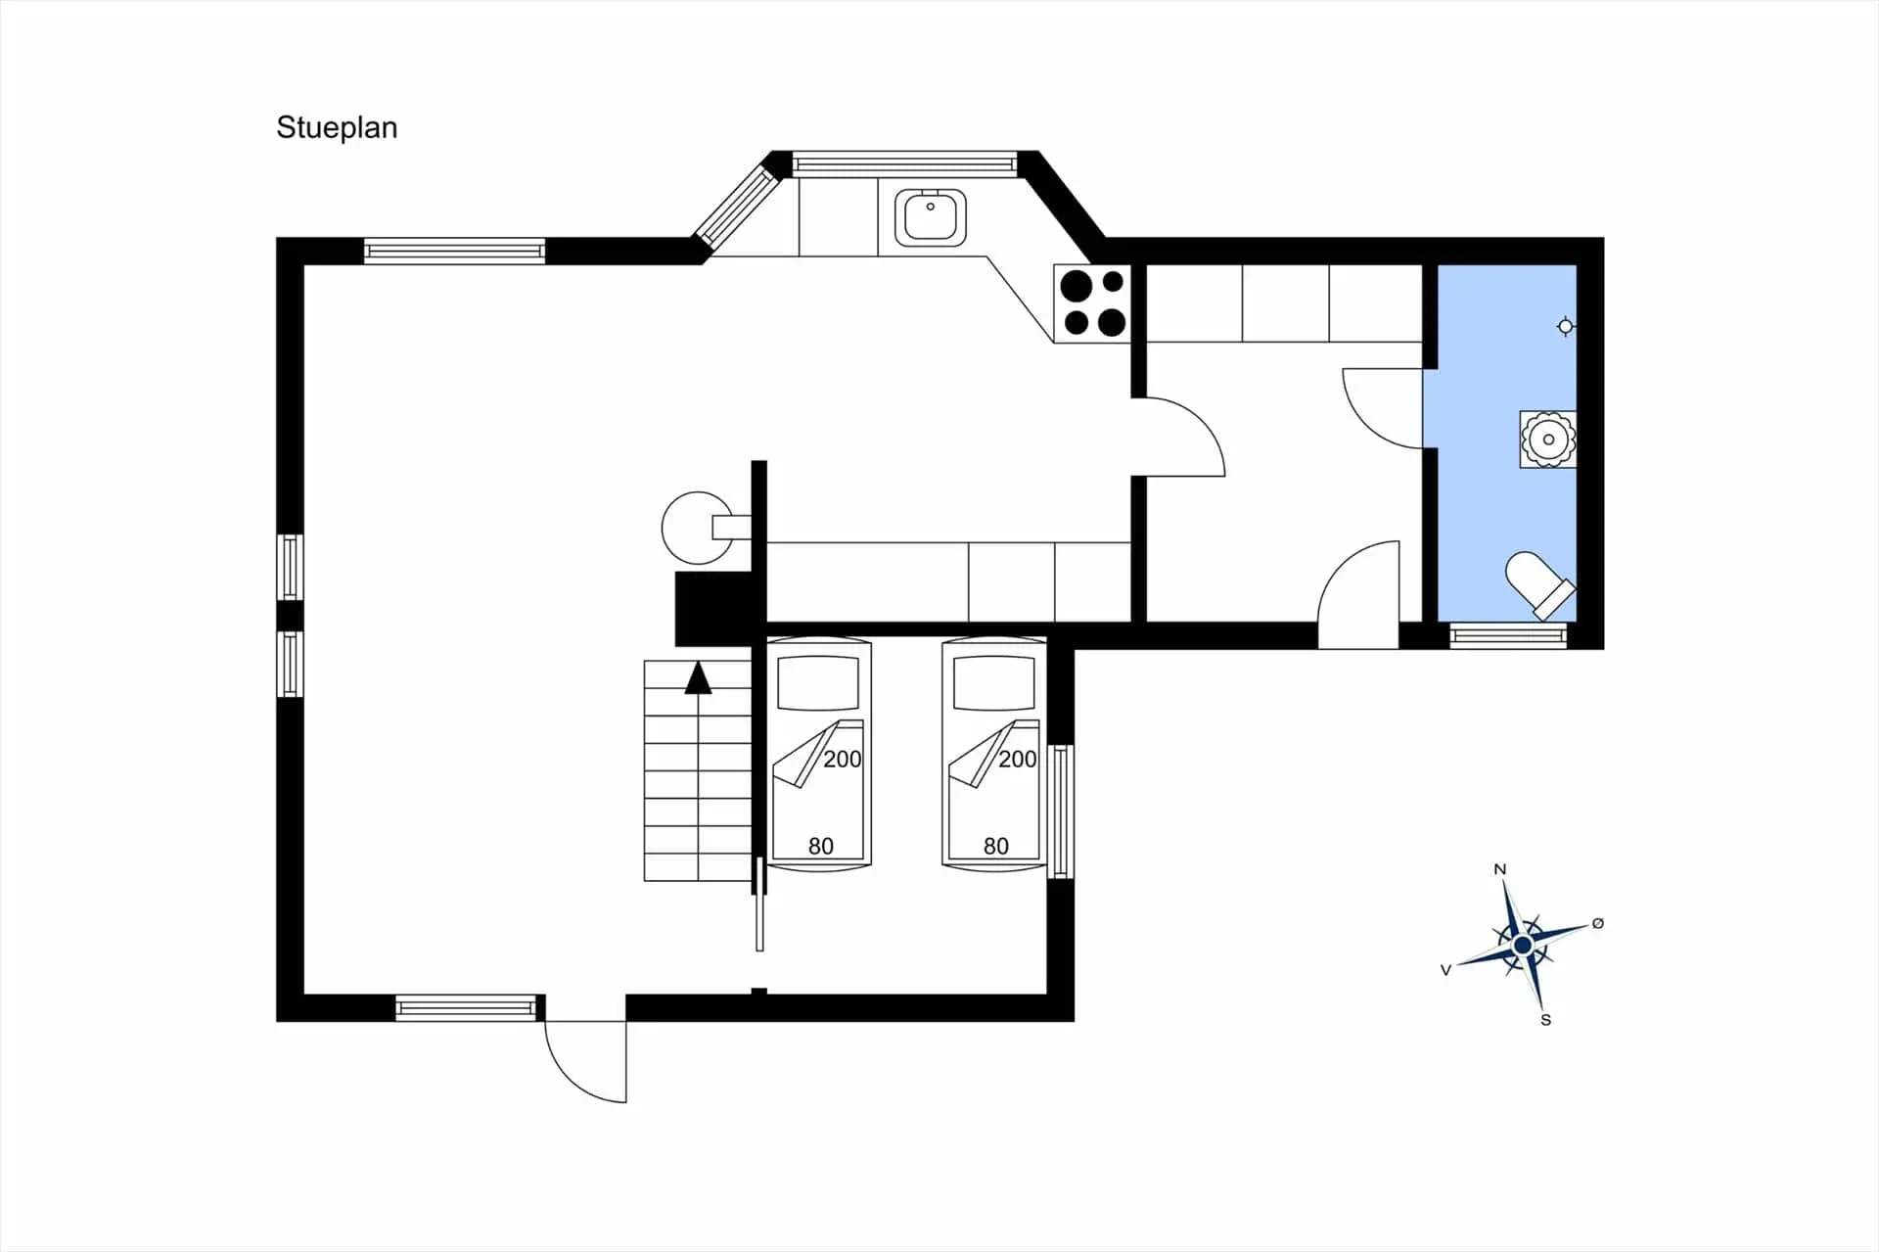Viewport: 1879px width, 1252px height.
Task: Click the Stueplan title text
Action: click(337, 128)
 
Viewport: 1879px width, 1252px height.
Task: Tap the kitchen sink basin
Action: click(930, 217)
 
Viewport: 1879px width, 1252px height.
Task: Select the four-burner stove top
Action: click(1092, 303)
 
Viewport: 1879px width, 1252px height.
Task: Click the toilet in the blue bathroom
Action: click(1539, 585)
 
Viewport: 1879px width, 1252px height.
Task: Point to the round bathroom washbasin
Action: click(1548, 440)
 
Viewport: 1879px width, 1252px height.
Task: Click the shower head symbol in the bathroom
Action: click(1566, 326)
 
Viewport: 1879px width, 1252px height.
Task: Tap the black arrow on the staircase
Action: click(698, 677)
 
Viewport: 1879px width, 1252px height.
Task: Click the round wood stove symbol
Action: click(697, 528)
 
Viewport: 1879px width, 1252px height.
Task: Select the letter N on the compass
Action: click(1499, 869)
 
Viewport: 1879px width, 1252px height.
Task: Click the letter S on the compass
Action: click(1546, 1020)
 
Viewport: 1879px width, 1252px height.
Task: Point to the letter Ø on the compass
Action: click(1598, 923)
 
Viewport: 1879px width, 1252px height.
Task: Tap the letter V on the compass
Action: click(1445, 970)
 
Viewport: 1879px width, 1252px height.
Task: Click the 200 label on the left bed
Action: click(842, 759)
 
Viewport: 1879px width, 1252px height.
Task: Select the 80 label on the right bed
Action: click(995, 846)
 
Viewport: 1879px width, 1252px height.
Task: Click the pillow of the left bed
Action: click(818, 682)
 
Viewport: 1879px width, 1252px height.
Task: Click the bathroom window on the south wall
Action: click(1508, 636)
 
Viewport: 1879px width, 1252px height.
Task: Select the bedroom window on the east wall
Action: click(1061, 811)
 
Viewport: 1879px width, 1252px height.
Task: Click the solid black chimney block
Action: click(712, 609)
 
